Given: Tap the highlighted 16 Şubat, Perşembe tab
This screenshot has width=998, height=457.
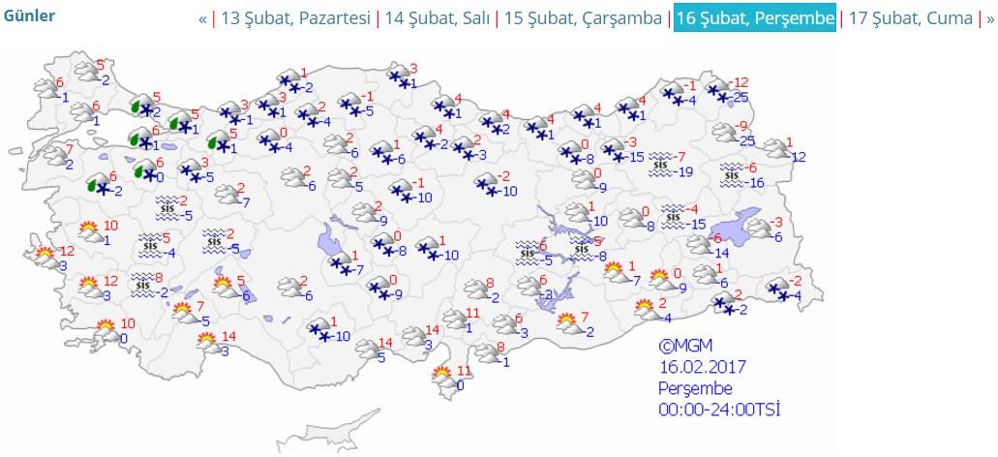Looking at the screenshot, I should click(755, 18).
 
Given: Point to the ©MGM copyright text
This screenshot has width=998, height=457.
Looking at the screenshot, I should click(685, 346).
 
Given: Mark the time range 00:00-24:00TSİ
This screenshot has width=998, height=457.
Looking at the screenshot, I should click(719, 409).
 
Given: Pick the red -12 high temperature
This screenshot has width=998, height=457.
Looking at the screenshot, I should click(741, 81).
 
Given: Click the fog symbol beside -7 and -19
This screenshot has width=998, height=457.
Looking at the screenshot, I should click(661, 165).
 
